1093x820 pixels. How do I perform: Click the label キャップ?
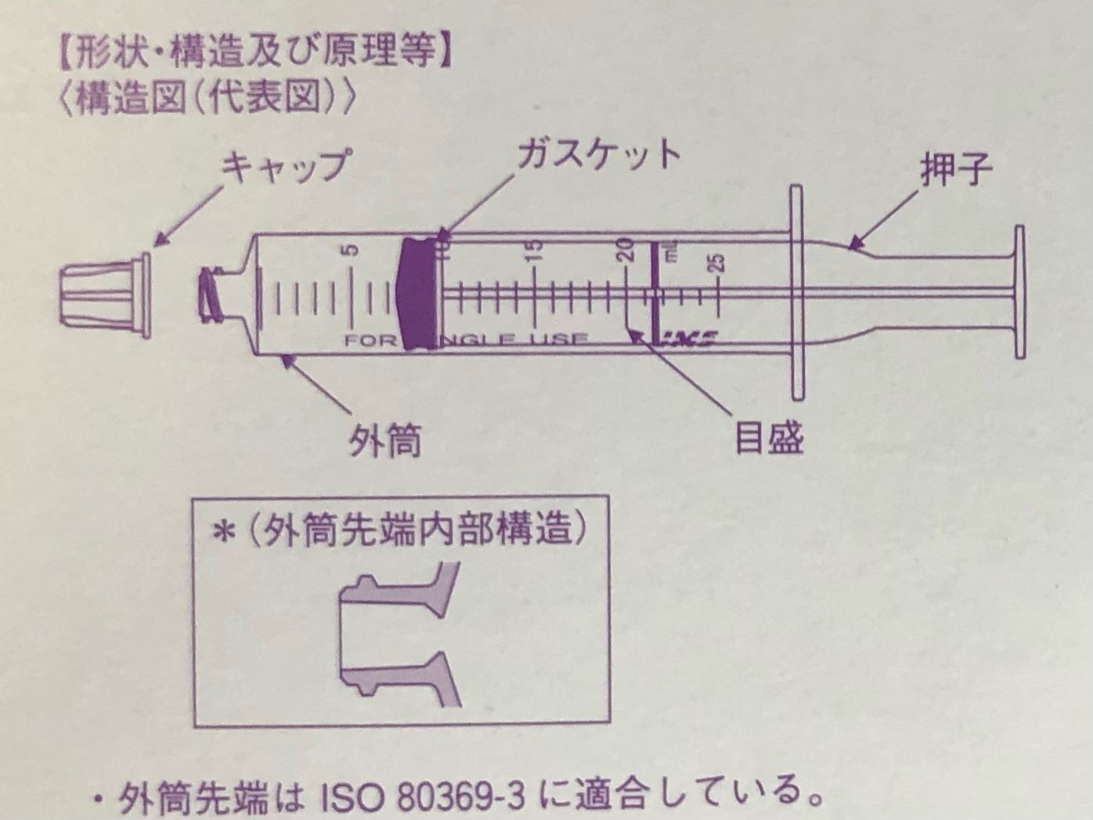(285, 167)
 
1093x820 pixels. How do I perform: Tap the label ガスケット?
(598, 154)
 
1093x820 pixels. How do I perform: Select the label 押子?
(956, 170)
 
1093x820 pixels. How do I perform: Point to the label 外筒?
(384, 441)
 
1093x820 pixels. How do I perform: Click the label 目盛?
(768, 439)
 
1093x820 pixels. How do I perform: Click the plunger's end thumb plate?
(1019, 291)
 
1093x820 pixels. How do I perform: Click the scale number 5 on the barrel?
(352, 250)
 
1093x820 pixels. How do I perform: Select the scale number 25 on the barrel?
(718, 262)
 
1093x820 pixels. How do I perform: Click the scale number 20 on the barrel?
(626, 248)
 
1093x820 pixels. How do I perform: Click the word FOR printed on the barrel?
(370, 341)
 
